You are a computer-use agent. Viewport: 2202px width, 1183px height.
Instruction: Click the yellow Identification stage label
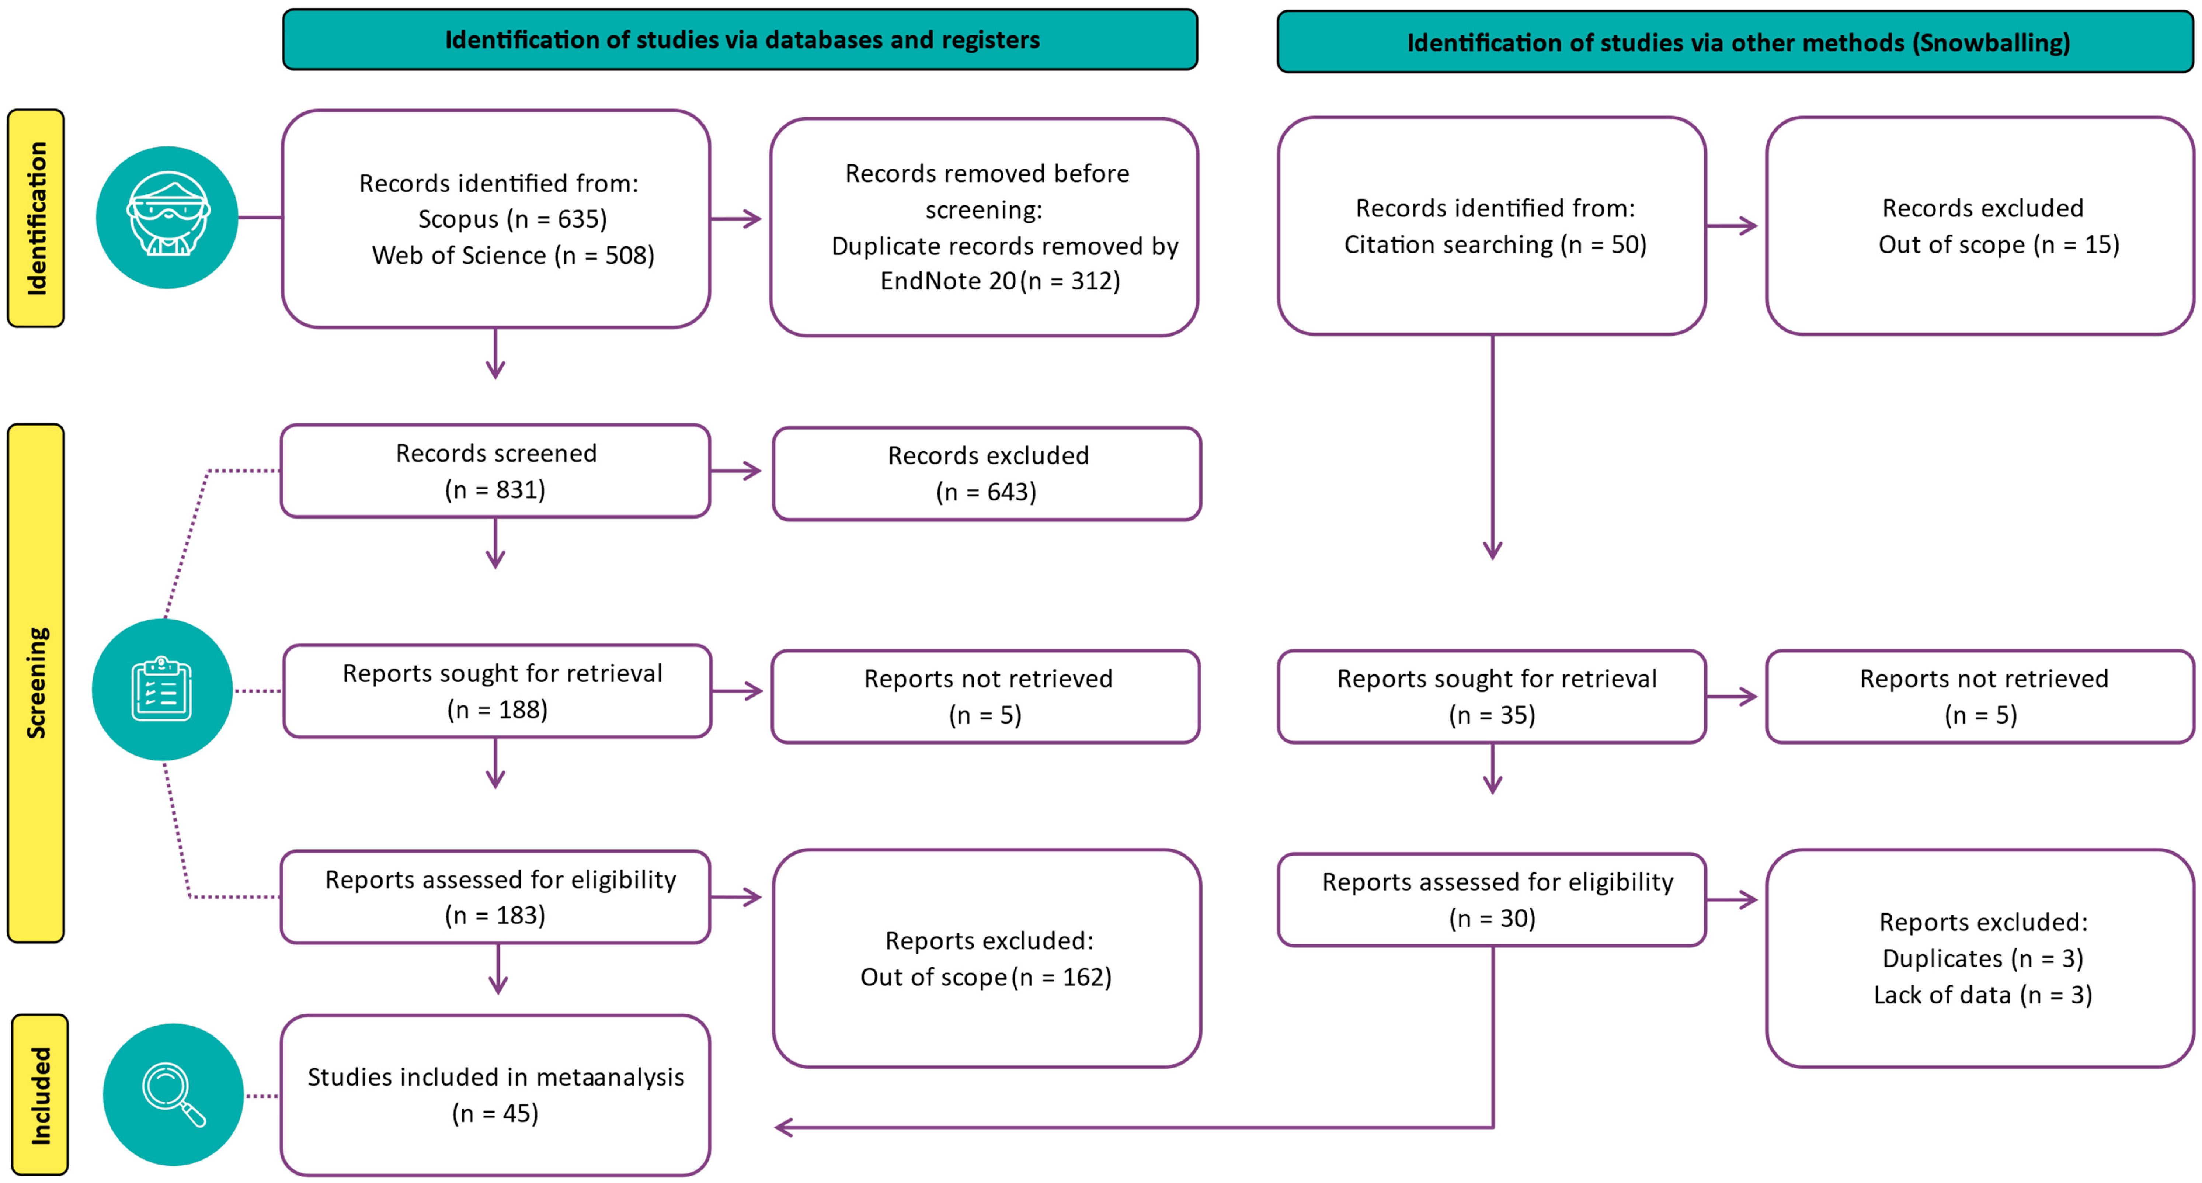click(x=36, y=218)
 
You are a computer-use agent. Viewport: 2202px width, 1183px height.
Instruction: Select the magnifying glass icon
click(x=174, y=1094)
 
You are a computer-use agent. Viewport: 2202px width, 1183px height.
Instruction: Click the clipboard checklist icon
click(x=161, y=689)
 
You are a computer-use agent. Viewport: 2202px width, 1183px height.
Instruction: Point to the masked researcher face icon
click(x=167, y=217)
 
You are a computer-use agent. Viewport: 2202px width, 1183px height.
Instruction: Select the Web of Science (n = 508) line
click(x=513, y=256)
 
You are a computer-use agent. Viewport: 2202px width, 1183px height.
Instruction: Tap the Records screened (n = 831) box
click(x=496, y=471)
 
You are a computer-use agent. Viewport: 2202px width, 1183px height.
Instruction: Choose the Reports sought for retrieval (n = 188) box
click(x=497, y=691)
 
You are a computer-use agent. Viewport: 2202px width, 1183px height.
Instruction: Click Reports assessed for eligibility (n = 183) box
click(x=496, y=896)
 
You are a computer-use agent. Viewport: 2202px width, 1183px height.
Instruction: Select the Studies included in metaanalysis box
click(x=496, y=1095)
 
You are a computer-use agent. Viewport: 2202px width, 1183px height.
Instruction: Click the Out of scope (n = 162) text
click(x=985, y=977)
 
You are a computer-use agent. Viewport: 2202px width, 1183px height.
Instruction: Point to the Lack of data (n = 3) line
click(x=1982, y=995)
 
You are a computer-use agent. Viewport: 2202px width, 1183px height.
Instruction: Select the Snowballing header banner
click(x=1735, y=42)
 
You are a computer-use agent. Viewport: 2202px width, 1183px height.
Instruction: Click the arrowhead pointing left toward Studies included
click(x=782, y=1127)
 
